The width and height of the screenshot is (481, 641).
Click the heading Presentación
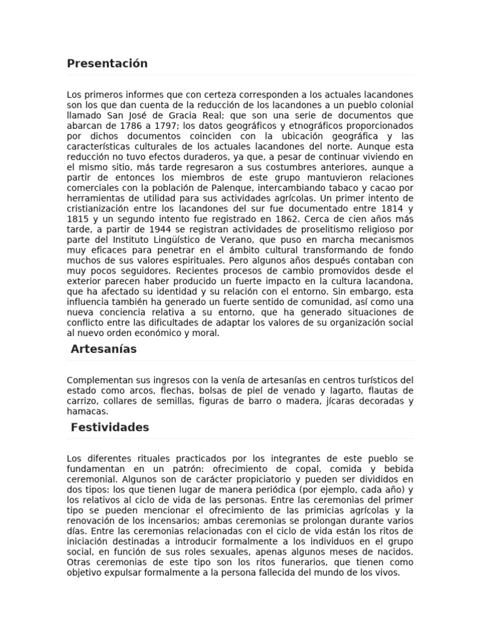107,63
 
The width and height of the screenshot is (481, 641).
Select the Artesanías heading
103,349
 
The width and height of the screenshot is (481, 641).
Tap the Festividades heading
110,427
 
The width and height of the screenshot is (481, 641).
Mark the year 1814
385,208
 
